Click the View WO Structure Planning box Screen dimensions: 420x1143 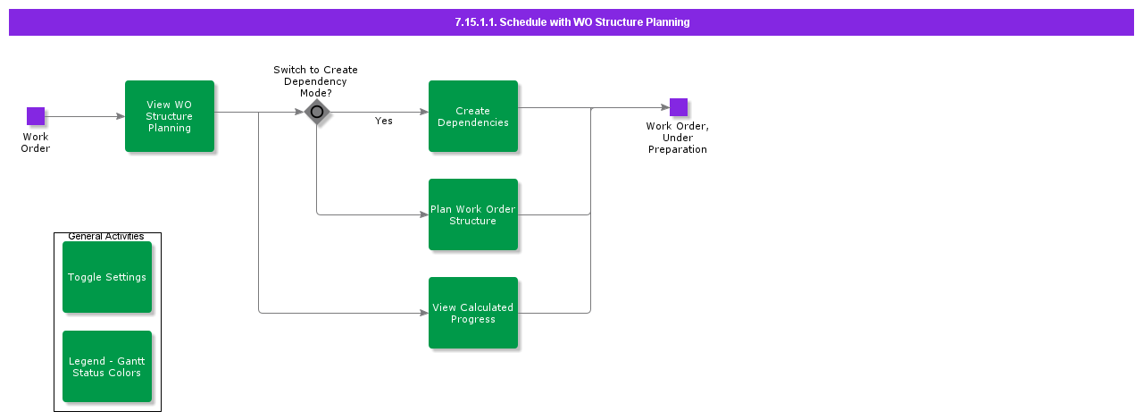click(170, 116)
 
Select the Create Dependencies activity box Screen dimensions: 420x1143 click(473, 116)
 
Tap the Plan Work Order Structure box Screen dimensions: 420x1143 click(473, 214)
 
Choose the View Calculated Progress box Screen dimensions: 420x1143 click(473, 313)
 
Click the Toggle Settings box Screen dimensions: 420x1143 click(107, 277)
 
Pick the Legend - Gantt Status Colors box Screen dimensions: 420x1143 click(107, 366)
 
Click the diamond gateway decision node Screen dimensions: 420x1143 click(317, 113)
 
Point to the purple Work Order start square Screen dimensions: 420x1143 click(36, 116)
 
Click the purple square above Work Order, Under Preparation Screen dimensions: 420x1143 click(679, 107)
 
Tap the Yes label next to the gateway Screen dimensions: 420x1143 click(384, 121)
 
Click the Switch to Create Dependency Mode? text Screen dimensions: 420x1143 click(315, 80)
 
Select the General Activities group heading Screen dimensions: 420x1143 click(106, 237)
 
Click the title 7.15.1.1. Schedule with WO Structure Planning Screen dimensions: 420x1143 click(571, 22)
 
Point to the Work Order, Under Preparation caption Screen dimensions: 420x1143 click(678, 138)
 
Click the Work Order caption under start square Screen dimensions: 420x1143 click(36, 143)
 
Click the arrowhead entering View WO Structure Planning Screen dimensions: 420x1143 click(120, 116)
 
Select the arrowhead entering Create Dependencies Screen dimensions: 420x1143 click(423, 113)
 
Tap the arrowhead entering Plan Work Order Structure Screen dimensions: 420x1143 click(423, 214)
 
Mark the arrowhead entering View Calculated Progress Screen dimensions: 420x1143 click(423, 313)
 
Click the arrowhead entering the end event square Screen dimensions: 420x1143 click(664, 108)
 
